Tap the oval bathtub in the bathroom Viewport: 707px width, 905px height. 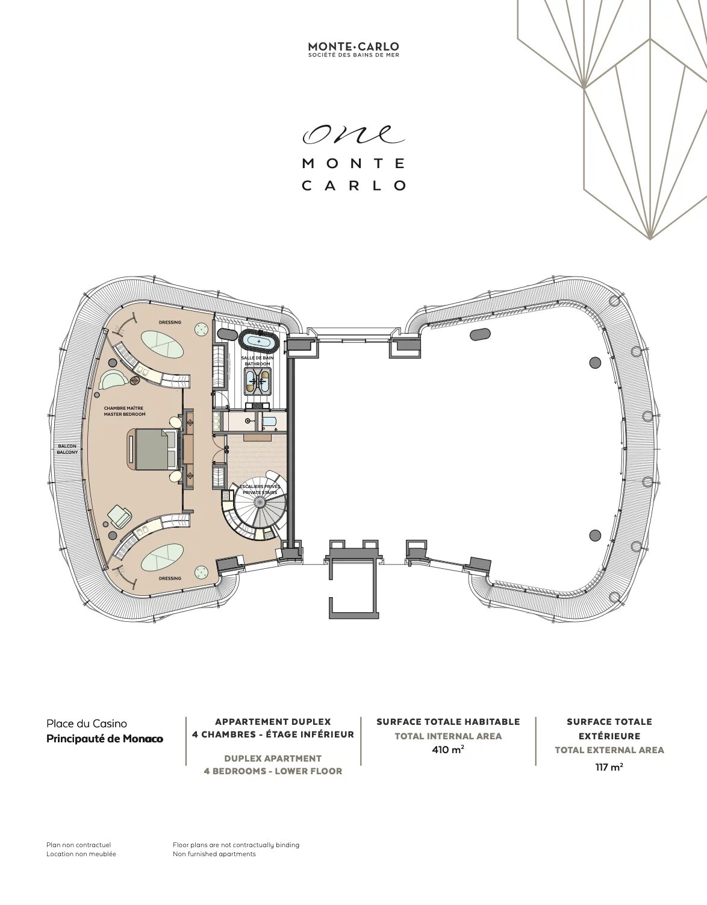point(259,341)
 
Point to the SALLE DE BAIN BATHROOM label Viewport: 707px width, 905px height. point(257,361)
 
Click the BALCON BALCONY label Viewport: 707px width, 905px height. point(67,449)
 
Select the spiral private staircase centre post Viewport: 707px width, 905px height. point(260,503)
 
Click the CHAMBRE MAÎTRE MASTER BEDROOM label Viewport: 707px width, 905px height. point(125,411)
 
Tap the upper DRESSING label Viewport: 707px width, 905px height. point(170,322)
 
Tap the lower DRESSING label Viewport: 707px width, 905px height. point(170,578)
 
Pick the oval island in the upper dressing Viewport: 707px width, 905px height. point(162,343)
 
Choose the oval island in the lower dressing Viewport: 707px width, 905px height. point(162,557)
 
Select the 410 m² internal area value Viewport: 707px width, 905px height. point(448,750)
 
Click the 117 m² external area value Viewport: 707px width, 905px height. point(609,767)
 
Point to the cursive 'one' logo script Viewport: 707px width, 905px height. point(353,134)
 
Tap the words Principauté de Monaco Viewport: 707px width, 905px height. point(105,739)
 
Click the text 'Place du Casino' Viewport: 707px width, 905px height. point(87,724)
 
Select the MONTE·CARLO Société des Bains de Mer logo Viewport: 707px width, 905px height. point(353,49)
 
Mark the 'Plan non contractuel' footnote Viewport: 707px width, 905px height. point(79,845)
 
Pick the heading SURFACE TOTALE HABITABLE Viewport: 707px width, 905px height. point(448,722)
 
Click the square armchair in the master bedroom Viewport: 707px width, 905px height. point(119,516)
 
